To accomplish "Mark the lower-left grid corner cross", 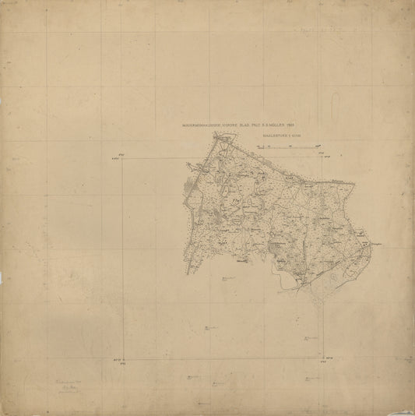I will pyautogui.click(x=125, y=360).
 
